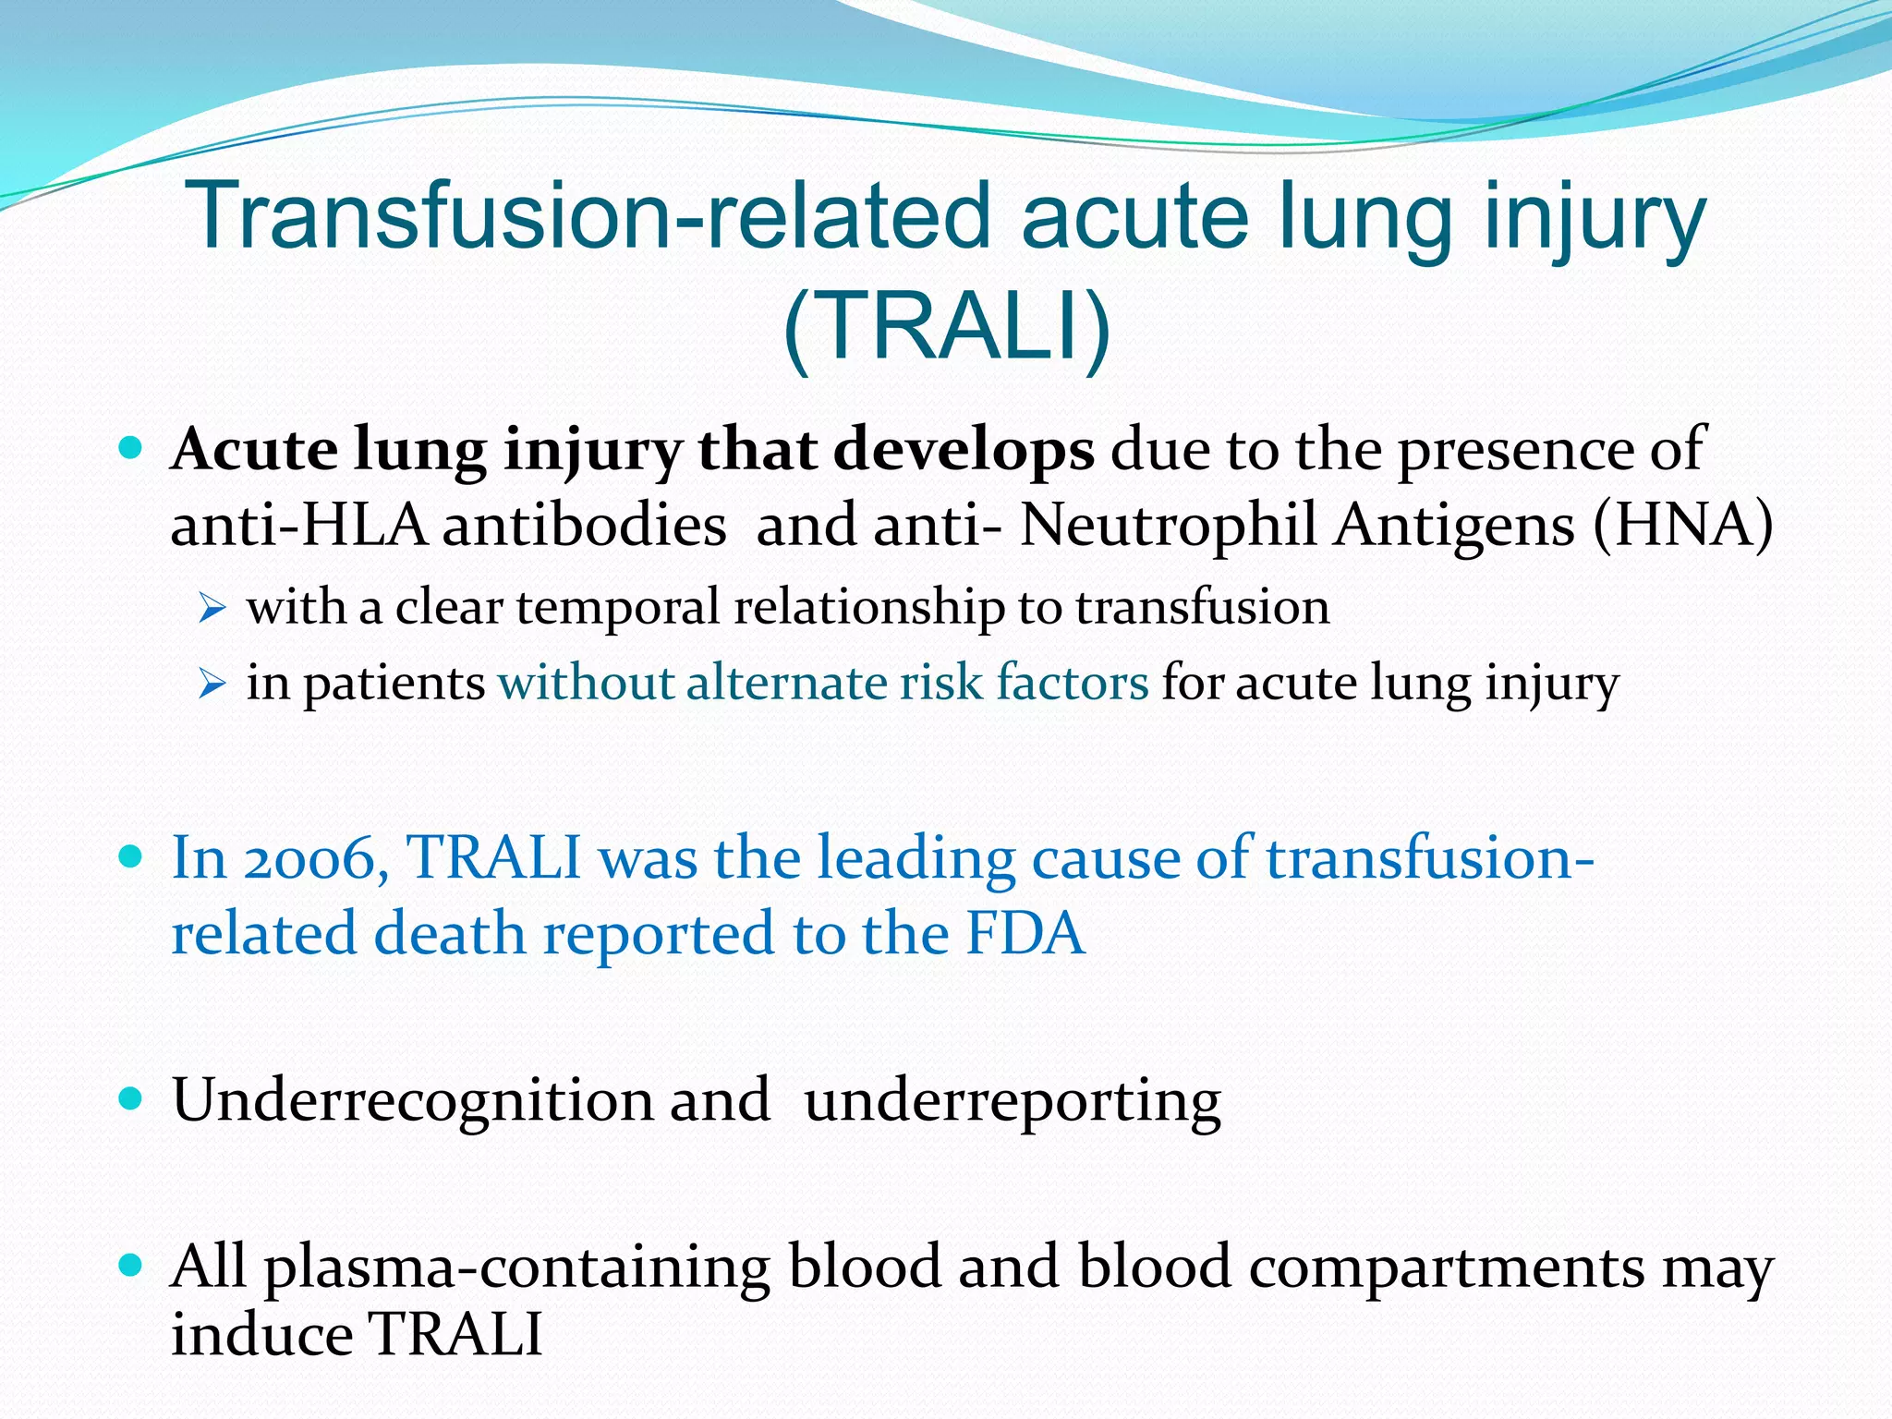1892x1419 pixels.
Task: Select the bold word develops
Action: click(x=964, y=451)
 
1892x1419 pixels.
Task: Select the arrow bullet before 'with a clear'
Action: click(x=212, y=609)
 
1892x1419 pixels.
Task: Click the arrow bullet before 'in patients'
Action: click(x=212, y=685)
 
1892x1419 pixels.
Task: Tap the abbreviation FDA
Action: click(x=1025, y=934)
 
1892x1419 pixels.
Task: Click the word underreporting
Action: click(x=1013, y=1101)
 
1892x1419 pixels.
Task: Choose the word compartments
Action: click(x=1447, y=1267)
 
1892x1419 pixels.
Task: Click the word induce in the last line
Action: click(x=262, y=1335)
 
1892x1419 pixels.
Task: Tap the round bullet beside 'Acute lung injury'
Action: click(x=131, y=450)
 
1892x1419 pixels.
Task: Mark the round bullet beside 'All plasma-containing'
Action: click(x=131, y=1265)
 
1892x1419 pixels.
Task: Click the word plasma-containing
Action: click(x=517, y=1267)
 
